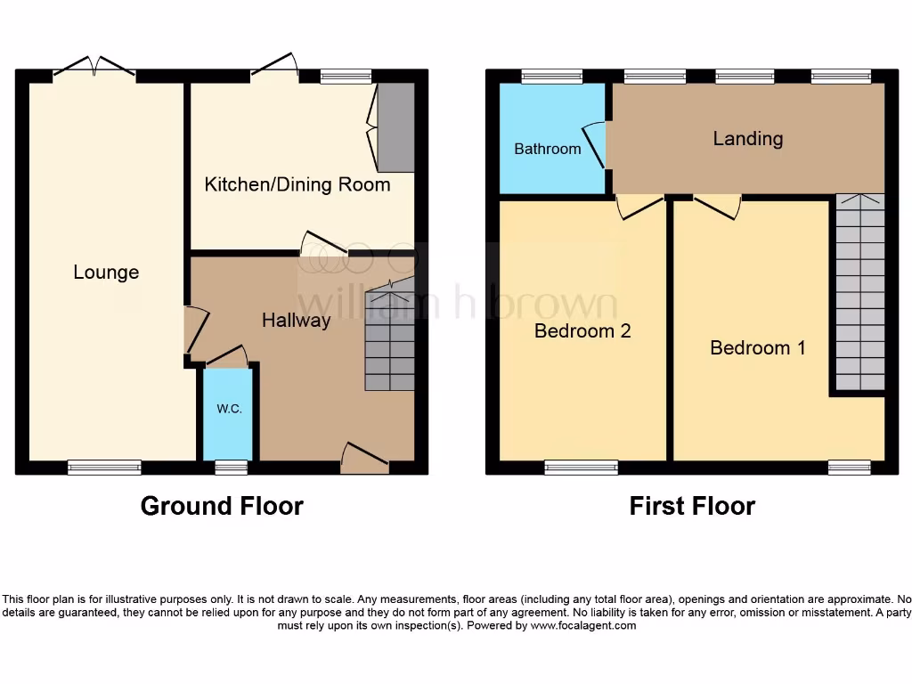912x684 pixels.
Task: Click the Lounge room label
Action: (x=106, y=273)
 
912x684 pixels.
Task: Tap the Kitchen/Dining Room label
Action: (x=297, y=184)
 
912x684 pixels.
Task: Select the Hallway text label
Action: (x=296, y=320)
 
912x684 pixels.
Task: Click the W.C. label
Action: (x=229, y=409)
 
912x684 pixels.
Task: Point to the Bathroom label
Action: (x=548, y=149)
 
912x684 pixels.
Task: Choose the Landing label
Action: (x=748, y=138)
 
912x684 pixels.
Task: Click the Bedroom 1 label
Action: (x=757, y=347)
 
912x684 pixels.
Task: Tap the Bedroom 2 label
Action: (x=582, y=331)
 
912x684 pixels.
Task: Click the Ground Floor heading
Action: (x=222, y=506)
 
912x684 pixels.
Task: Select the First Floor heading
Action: (x=692, y=506)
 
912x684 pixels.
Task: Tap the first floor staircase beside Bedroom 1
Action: (x=859, y=294)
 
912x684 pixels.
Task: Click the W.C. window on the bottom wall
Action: (x=231, y=467)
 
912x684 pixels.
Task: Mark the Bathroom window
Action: (x=551, y=77)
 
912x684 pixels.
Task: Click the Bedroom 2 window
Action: (x=581, y=467)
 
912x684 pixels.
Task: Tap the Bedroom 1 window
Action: (x=849, y=467)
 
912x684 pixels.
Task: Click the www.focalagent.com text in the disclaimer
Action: (x=583, y=625)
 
